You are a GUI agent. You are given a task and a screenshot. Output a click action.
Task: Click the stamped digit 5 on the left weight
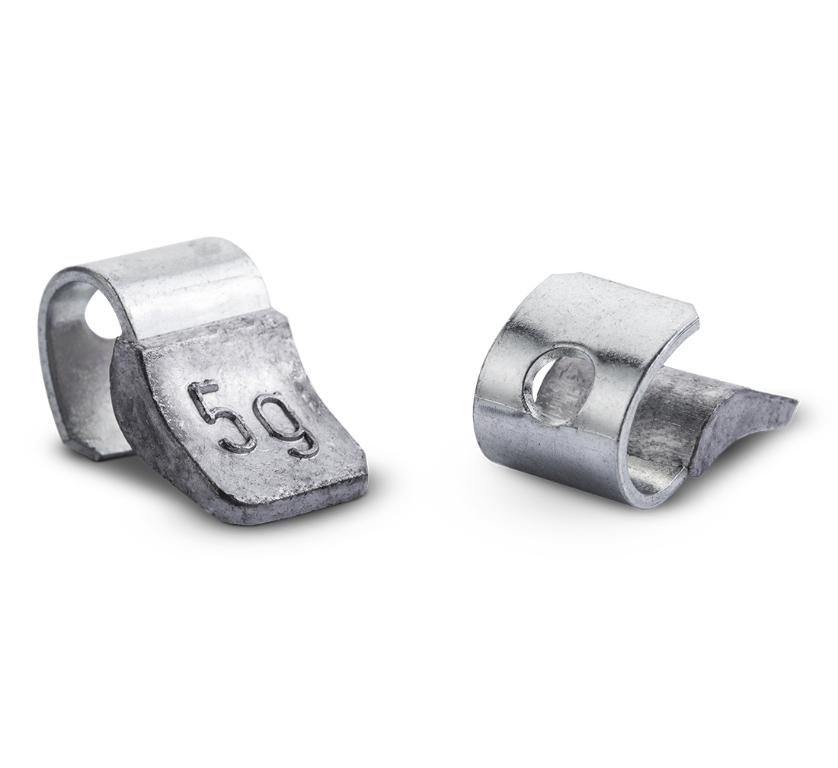click(x=215, y=414)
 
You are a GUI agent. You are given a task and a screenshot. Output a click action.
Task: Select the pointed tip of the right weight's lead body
click(x=796, y=398)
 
